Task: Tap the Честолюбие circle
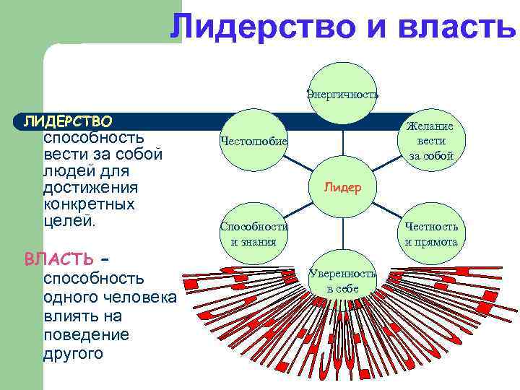[253, 139]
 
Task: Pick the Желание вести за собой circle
[430, 140]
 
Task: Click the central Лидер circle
[342, 187]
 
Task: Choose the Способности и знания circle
[253, 233]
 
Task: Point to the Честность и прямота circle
[430, 233]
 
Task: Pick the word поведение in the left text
[86, 335]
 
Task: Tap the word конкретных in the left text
[90, 204]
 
